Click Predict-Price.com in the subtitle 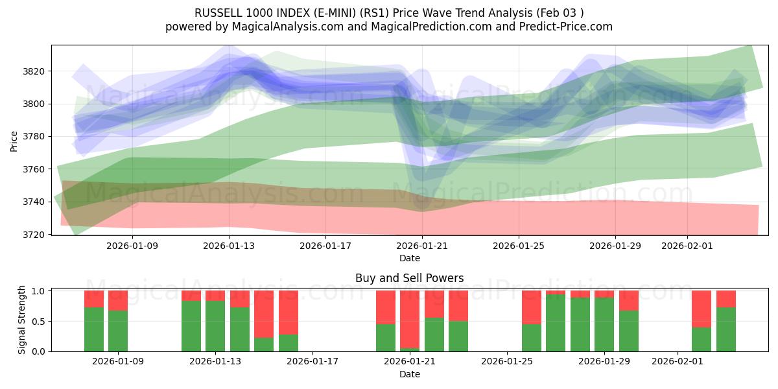563,27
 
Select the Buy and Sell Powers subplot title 409,278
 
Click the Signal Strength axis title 22,320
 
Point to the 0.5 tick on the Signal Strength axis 38,321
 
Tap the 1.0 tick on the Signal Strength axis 38,291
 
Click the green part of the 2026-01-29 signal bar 604,324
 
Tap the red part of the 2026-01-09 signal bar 118,300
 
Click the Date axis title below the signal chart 409,374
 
